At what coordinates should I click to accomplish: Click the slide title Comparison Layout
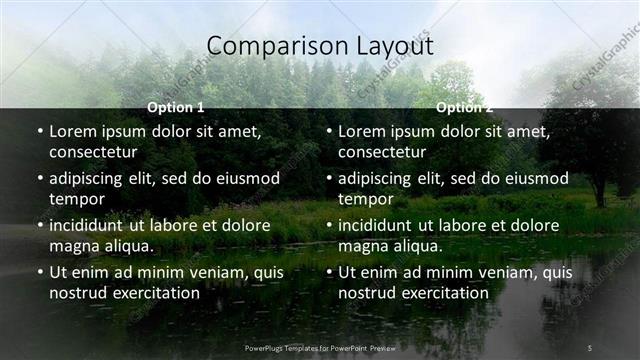319,46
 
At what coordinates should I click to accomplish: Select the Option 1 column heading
176,107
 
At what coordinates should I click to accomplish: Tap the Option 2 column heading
464,107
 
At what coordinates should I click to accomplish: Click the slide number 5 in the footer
590,347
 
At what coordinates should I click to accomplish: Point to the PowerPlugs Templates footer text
319,347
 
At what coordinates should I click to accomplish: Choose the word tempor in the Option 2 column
366,199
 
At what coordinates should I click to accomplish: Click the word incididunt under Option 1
90,225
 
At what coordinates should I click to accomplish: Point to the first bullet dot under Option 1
40,132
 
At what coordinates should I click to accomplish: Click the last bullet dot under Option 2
329,273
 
